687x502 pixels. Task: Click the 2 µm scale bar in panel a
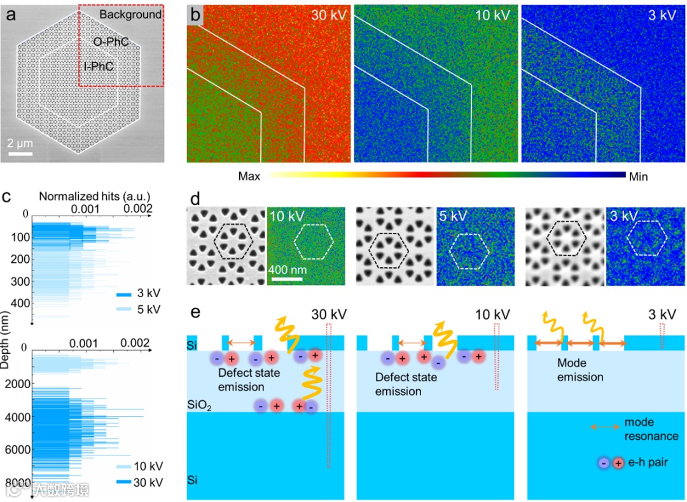pyautogui.click(x=20, y=153)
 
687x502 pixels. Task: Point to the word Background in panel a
pyautogui.click(x=130, y=15)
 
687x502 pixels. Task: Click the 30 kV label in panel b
pyautogui.click(x=328, y=15)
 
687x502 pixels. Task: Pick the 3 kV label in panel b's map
pyautogui.click(x=661, y=15)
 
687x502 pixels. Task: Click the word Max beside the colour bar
pyautogui.click(x=249, y=176)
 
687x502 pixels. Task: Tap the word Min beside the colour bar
pyautogui.click(x=638, y=176)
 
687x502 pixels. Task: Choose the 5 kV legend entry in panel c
pyautogui.click(x=148, y=309)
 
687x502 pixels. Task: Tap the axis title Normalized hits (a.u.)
pyautogui.click(x=94, y=197)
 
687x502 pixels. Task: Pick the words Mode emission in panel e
pyautogui.click(x=580, y=370)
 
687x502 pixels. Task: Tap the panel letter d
pyautogui.click(x=196, y=197)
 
